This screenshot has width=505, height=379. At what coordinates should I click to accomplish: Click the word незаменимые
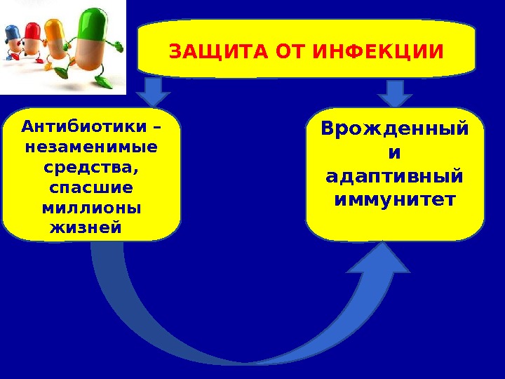click(91, 148)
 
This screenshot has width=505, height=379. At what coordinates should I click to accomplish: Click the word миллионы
click(91, 209)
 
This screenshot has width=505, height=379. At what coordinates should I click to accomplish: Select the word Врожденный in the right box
click(395, 130)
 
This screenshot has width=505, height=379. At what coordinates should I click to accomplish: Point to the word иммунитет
click(395, 200)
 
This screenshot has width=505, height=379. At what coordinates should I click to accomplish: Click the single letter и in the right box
click(395, 152)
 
